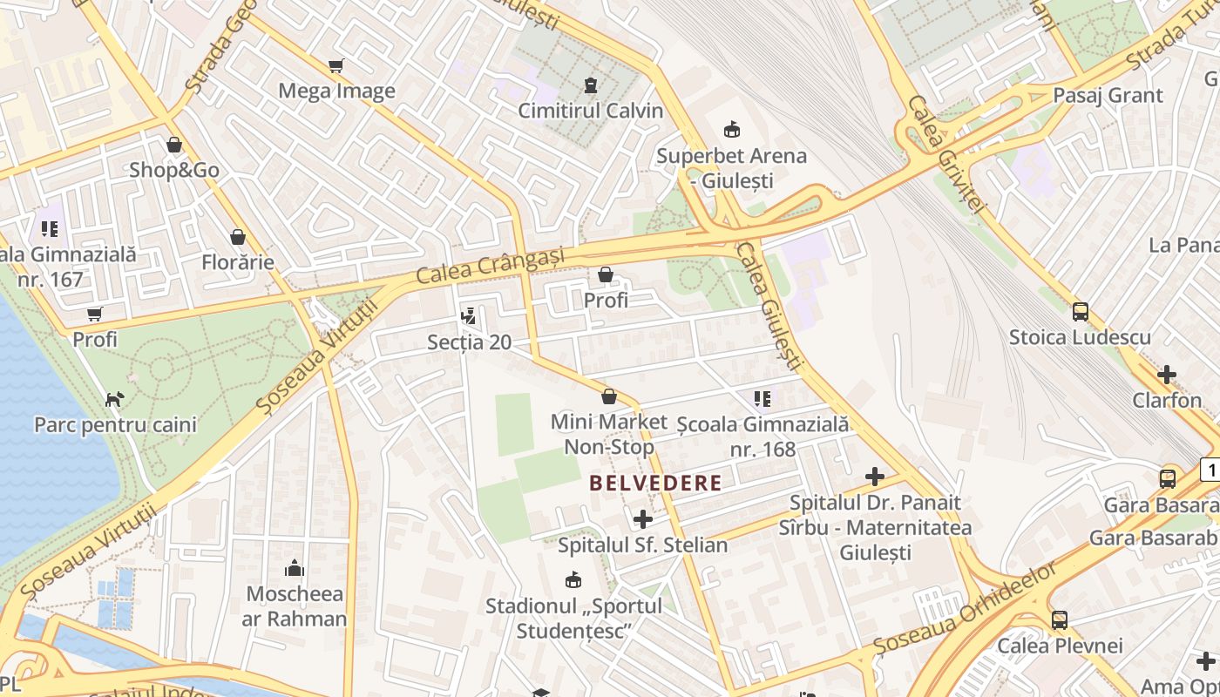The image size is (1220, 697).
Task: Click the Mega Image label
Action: pos(336,91)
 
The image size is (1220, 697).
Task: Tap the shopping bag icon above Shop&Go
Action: pos(174,145)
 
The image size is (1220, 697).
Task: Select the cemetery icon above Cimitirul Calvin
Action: pos(591,85)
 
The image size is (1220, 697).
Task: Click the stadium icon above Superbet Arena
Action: pos(731,130)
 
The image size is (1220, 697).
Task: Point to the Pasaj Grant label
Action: pos(1108,95)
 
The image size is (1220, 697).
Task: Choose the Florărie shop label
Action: pos(238,261)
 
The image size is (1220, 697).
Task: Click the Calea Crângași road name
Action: pos(490,265)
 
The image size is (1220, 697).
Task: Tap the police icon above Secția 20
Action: pos(469,315)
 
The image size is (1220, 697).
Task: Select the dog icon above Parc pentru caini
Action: pos(115,399)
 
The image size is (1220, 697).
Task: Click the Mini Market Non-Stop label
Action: pos(608,435)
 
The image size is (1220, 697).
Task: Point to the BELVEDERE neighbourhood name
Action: pos(655,483)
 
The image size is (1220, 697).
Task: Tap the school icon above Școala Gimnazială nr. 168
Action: pos(762,399)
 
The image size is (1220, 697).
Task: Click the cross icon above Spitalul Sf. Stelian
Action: pos(643,519)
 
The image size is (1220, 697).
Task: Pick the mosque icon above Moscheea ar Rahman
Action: pos(295,570)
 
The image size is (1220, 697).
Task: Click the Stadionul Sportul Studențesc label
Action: pos(573,618)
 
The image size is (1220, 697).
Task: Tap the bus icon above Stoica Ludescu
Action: pos(1081,311)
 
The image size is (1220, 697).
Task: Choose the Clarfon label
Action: pos(1167,400)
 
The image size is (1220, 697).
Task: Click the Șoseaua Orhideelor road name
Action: pos(966,609)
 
